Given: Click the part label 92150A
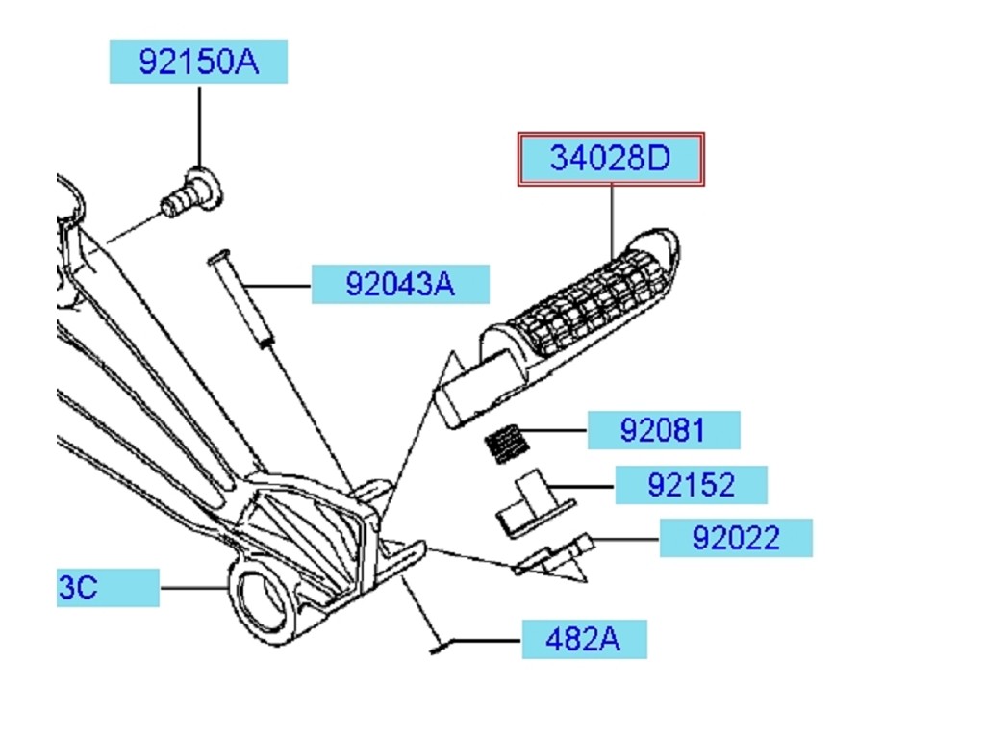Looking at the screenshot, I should click(198, 62).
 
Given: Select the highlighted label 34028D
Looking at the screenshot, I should click(611, 159).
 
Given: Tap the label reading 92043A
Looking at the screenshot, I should click(399, 285).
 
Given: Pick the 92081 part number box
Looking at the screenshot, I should click(664, 430).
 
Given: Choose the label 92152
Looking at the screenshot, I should click(691, 485).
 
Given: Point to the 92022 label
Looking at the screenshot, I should click(736, 538).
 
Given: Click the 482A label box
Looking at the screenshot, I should click(584, 639).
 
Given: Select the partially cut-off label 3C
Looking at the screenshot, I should click(106, 587).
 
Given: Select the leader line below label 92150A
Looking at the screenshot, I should click(199, 125).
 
